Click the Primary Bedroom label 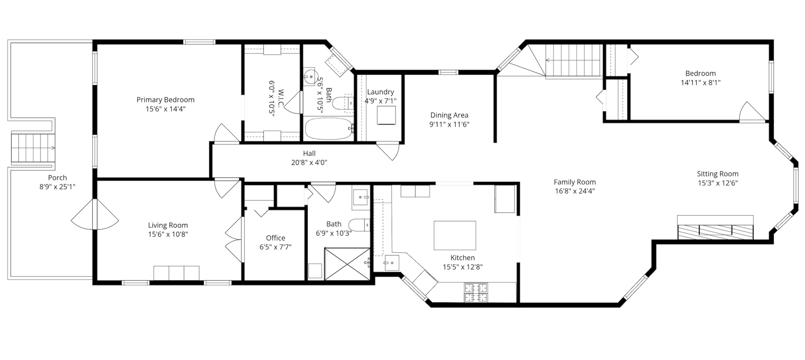(x=165, y=100)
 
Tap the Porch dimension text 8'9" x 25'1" (x=57, y=187)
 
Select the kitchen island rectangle (x=454, y=235)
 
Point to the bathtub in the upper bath (x=328, y=128)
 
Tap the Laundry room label (x=380, y=92)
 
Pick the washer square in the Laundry (x=386, y=115)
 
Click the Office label (x=275, y=238)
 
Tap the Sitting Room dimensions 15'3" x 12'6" (x=717, y=183)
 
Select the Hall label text (x=309, y=153)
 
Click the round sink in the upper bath (x=310, y=77)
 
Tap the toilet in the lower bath (x=358, y=225)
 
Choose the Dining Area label (x=449, y=115)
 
